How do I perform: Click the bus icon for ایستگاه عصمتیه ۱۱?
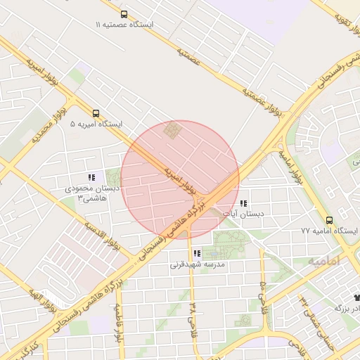124,14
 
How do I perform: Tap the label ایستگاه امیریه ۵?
96,124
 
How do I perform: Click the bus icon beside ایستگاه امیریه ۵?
96,112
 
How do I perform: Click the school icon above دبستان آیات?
243,203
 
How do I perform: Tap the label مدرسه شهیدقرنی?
197,265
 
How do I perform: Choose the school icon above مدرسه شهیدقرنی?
197,254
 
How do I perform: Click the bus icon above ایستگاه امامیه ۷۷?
330,219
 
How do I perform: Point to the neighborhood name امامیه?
323,260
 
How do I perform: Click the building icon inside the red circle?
172,130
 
